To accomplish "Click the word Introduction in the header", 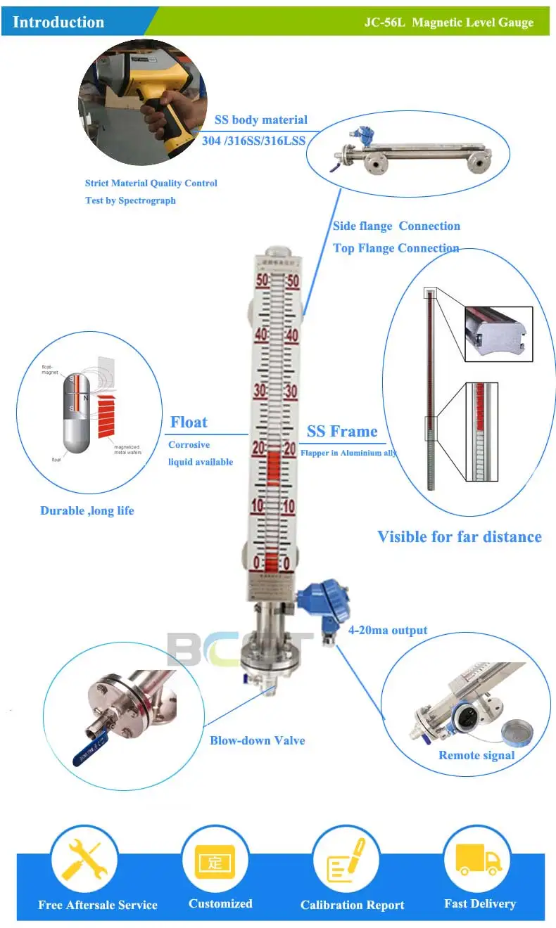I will [58, 22].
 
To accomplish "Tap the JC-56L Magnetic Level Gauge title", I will [448, 22].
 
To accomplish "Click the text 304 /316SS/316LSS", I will [253, 141].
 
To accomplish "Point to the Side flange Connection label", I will [396, 226].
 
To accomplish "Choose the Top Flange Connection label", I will [396, 248].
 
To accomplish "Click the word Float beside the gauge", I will [189, 423].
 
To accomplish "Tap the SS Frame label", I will [342, 432].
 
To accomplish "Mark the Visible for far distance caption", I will [460, 537].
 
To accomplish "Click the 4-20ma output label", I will [388, 630].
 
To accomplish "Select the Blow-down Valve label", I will [257, 740].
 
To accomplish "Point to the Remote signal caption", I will [476, 755].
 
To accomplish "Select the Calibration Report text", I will [352, 905].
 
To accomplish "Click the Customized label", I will [220, 903].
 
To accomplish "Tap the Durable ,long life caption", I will [87, 510].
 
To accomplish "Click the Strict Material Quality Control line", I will [151, 183].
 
